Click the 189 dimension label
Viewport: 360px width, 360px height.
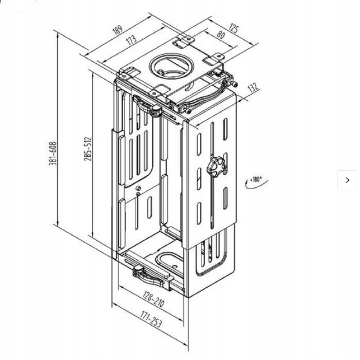[x=118, y=29]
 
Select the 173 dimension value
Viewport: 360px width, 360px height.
[x=132, y=40]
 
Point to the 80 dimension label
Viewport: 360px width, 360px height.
[x=221, y=35]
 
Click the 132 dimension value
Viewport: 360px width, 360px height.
[x=253, y=87]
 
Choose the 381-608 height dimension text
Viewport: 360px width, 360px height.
[x=52, y=153]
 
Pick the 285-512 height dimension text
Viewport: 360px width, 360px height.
[x=87, y=149]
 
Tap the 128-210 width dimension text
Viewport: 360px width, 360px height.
[x=153, y=299]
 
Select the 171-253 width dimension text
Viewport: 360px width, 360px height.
[x=151, y=319]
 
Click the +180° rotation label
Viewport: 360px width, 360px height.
[x=256, y=179]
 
